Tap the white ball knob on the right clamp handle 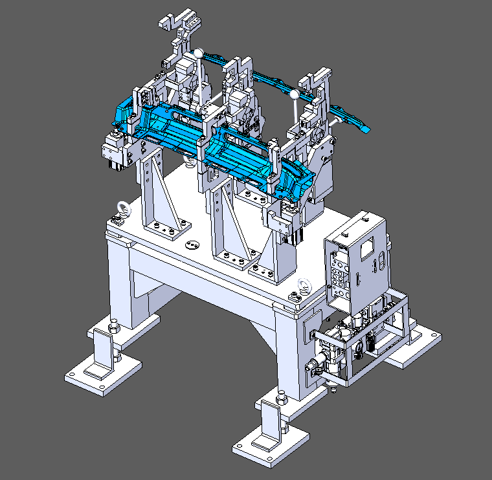295,95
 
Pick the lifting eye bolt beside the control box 303,285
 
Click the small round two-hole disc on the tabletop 191,245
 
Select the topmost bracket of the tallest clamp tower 182,19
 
